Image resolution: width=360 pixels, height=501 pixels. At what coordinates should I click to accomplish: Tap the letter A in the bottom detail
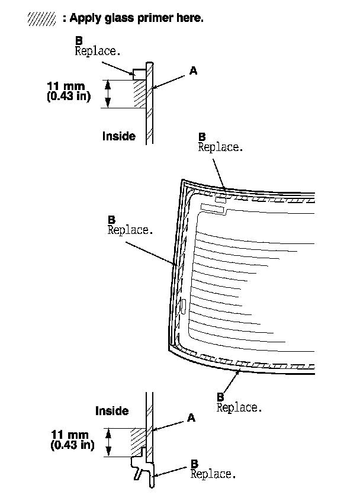(x=191, y=418)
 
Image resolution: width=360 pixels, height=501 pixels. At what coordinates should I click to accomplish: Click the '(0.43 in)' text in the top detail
(x=68, y=97)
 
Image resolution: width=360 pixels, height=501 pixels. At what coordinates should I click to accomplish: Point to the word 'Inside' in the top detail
(x=118, y=136)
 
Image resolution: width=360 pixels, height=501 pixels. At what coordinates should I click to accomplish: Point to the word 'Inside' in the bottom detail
(x=112, y=410)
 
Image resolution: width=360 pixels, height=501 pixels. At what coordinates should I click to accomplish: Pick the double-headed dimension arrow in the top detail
(x=108, y=94)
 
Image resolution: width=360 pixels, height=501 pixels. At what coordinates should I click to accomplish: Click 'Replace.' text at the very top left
(x=98, y=51)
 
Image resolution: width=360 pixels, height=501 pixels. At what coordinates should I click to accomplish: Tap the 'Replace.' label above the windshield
(x=220, y=147)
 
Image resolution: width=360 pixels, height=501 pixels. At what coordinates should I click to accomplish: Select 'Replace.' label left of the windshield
(x=130, y=230)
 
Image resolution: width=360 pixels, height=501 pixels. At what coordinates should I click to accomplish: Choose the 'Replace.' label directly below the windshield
(x=239, y=407)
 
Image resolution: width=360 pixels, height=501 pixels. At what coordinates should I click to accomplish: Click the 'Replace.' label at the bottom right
(x=213, y=474)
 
